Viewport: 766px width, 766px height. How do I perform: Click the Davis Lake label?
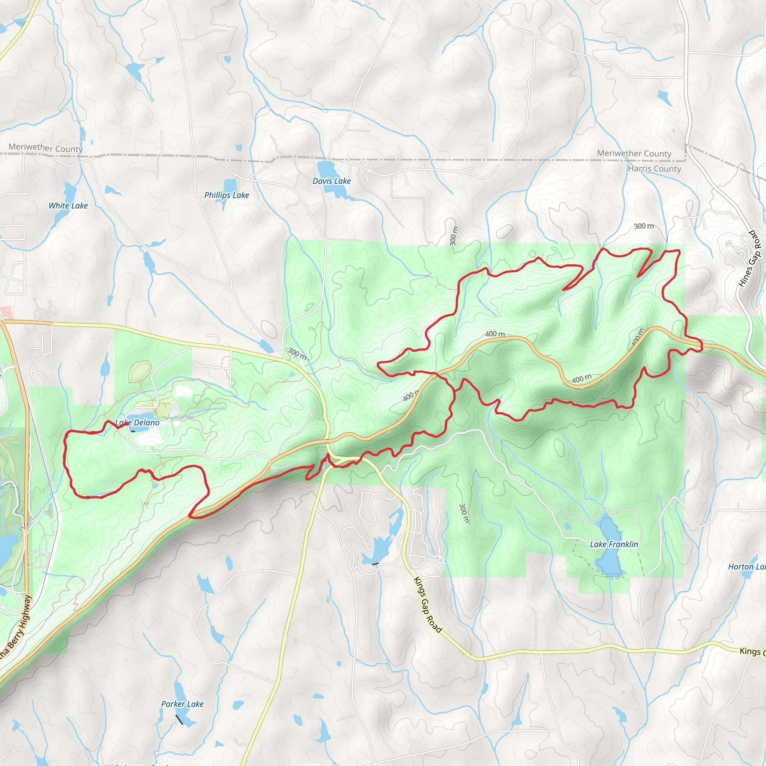click(331, 181)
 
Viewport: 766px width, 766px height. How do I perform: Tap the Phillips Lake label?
click(226, 195)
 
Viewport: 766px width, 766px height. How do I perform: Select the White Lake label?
click(68, 206)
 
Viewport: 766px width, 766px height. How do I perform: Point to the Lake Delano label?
click(137, 423)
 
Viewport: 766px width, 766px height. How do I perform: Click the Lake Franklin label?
click(614, 544)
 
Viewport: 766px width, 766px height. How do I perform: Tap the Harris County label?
click(654, 169)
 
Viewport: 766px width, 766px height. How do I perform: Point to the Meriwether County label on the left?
click(46, 148)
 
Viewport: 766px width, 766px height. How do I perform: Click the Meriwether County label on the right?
click(634, 153)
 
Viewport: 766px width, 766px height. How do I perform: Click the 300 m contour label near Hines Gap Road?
click(643, 226)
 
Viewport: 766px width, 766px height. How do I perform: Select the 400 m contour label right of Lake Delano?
click(410, 396)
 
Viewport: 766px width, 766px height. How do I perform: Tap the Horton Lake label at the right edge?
click(747, 567)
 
